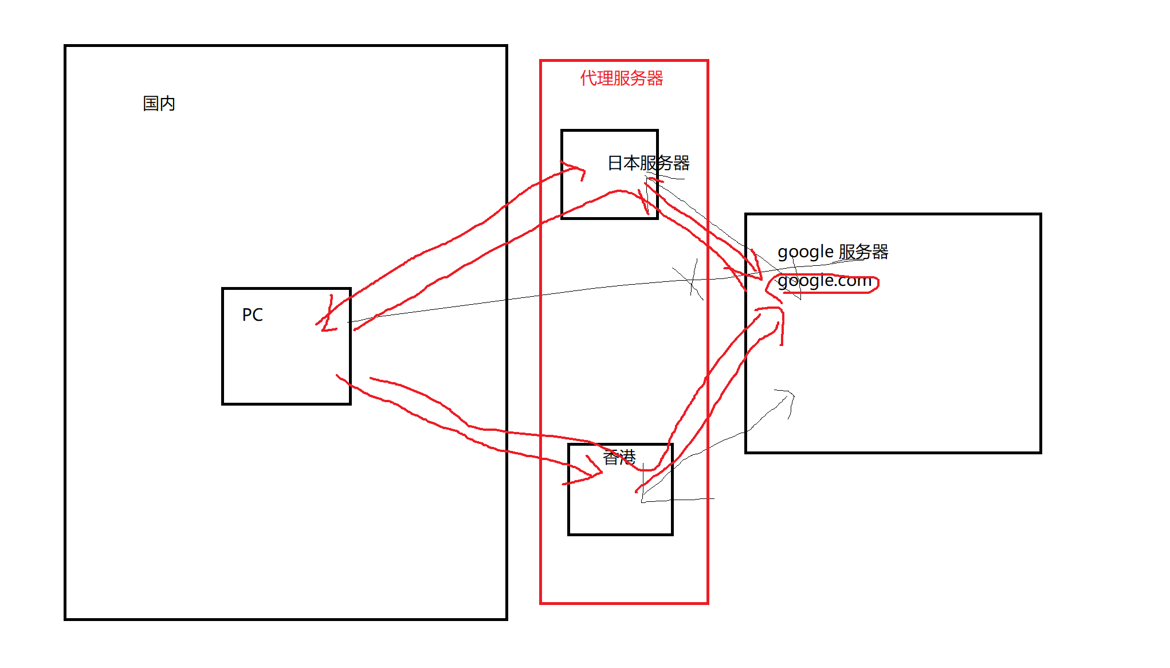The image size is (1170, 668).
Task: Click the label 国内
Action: (159, 104)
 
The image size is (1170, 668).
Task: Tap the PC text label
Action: (252, 315)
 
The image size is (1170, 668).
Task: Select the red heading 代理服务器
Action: (621, 78)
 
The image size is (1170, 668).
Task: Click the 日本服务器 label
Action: (648, 163)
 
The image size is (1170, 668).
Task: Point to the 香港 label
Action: (619, 457)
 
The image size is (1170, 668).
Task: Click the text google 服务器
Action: (833, 252)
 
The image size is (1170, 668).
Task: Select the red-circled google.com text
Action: (825, 281)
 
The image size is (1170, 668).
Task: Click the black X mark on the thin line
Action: (690, 279)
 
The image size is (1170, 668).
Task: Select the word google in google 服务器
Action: (805, 252)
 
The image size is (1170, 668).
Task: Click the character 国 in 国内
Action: (151, 104)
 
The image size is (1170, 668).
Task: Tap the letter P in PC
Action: (247, 315)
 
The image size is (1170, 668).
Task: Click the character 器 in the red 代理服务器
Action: (655, 78)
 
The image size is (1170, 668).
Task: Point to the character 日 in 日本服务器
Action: (615, 163)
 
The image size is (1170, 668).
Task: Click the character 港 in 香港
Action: (627, 457)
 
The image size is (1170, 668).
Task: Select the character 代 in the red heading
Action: (588, 78)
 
